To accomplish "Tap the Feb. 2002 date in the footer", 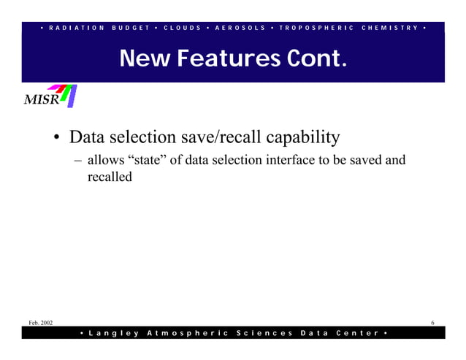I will tap(40, 323).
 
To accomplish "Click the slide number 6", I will tap(432, 323).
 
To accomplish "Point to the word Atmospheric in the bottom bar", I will tap(188, 334).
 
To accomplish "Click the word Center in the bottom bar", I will tap(358, 334).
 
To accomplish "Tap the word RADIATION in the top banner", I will tap(78, 28).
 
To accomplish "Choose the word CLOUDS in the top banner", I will tap(182, 28).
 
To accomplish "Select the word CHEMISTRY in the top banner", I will tap(389, 28).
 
